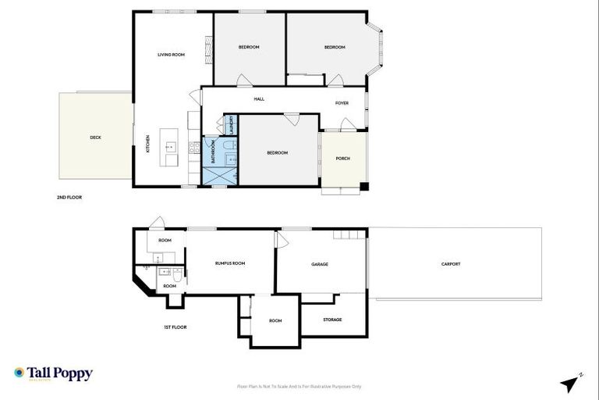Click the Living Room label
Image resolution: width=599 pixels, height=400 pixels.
171,55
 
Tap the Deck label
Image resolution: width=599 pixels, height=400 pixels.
95,137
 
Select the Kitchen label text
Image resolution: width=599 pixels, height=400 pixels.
148,144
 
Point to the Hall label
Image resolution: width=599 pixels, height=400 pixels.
259,99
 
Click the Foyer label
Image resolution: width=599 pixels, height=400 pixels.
342,103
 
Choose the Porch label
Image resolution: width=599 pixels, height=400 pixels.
342,159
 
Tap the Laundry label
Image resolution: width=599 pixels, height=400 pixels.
231,125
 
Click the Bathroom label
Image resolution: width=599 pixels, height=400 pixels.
213,151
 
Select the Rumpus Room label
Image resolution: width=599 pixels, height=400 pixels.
230,263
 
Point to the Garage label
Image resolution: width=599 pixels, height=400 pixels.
320,264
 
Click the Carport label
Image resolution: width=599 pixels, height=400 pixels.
451,264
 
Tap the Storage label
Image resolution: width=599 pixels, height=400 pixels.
332,319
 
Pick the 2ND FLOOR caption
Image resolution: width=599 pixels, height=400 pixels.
69,198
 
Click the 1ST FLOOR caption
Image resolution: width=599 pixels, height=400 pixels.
175,327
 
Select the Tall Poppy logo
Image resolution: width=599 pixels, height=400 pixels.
53,373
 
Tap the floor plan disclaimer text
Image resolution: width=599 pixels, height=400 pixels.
299,386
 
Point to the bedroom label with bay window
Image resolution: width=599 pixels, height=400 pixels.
335,48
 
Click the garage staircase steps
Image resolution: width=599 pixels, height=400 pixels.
349,234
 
